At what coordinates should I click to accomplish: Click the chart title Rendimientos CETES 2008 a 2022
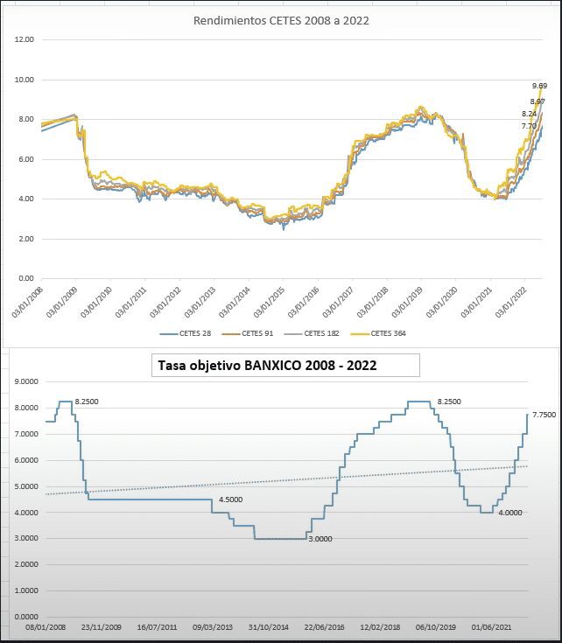[281, 20]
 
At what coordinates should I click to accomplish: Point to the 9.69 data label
[539, 86]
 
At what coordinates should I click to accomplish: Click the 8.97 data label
[537, 102]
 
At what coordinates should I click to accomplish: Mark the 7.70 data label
[529, 126]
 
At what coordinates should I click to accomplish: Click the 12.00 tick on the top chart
[25, 39]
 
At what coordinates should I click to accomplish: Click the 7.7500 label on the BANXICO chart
[544, 416]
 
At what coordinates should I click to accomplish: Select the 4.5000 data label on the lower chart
[230, 500]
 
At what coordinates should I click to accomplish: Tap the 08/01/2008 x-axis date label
[46, 627]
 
